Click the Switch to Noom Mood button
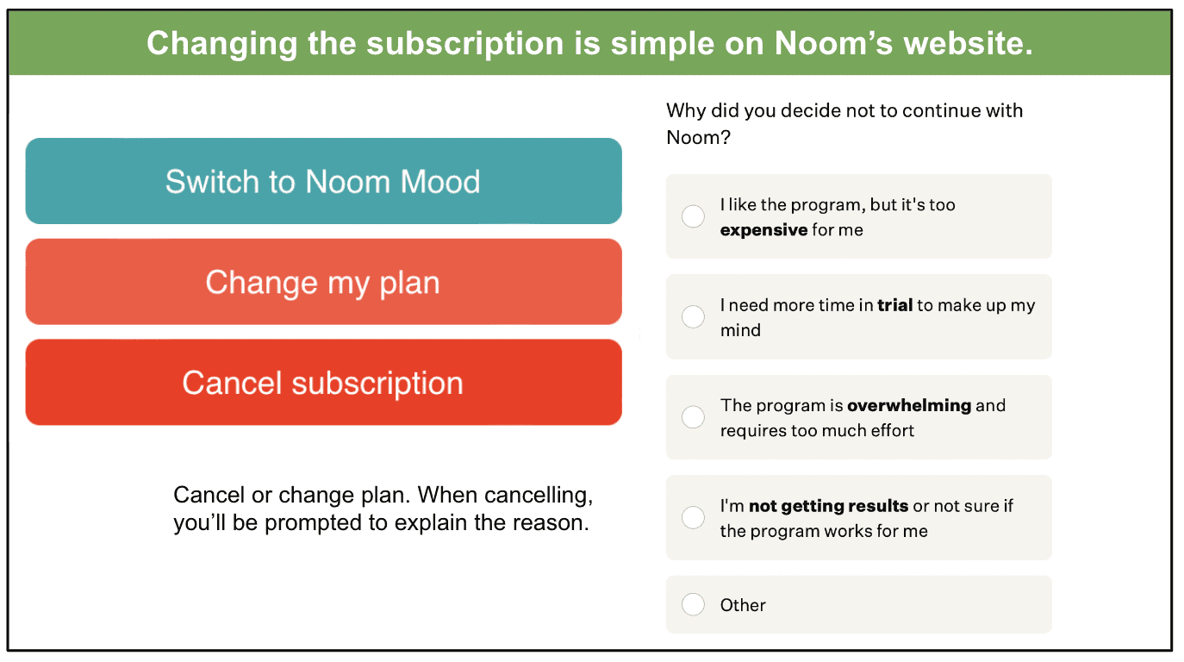[x=323, y=181]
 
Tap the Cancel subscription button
[x=323, y=383]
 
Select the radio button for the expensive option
[x=693, y=216]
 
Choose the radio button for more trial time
[x=693, y=316]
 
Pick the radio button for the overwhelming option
[x=693, y=417]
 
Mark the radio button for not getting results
[x=693, y=517]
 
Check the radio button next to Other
[x=693, y=604]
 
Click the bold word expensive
[x=763, y=230]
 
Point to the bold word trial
[x=894, y=305]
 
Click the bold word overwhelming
[x=909, y=405]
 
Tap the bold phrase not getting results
[x=828, y=507]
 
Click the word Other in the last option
[x=743, y=605]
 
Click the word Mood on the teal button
[x=440, y=182]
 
